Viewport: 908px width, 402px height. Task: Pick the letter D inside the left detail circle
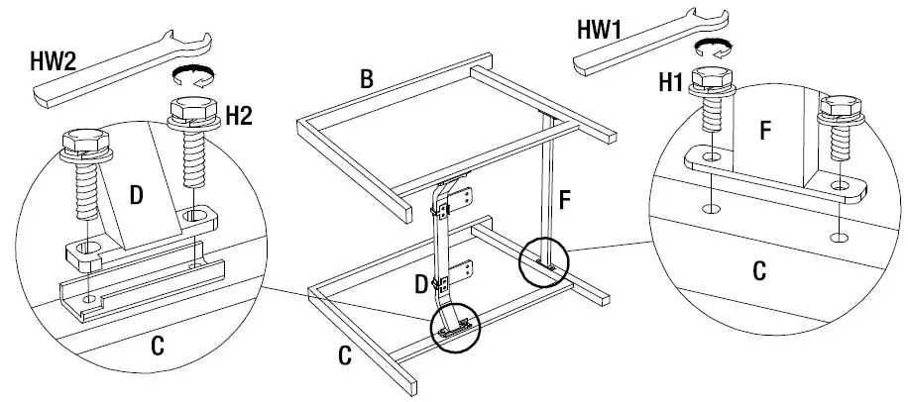136,196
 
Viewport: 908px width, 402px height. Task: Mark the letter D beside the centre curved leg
421,285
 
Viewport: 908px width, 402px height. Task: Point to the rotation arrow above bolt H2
190,80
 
